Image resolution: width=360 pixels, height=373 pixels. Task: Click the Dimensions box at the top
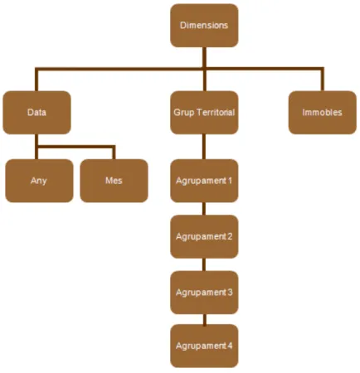coord(204,26)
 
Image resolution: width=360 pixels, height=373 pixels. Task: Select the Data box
coord(36,113)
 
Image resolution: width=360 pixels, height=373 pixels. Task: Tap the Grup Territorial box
coord(204,113)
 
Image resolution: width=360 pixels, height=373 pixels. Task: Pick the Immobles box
coord(322,113)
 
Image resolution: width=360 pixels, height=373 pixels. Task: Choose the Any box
coord(39,181)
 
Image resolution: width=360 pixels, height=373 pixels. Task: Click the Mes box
coord(114,181)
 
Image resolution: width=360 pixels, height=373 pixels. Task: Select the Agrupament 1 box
coord(204,181)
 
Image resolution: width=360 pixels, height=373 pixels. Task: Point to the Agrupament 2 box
coord(204,236)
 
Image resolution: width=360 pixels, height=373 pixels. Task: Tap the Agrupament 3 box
coord(204,293)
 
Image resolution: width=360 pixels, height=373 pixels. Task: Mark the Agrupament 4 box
coord(204,346)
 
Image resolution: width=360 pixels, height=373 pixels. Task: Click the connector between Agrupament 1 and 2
coord(204,209)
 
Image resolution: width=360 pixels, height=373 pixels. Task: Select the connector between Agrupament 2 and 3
coord(204,264)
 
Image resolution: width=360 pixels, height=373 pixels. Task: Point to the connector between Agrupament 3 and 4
coord(204,319)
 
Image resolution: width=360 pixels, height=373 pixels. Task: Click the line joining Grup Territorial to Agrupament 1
coord(204,147)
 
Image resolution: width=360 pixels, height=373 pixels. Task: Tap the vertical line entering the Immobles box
coord(322,79)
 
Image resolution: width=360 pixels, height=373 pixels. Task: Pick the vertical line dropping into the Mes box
coord(114,153)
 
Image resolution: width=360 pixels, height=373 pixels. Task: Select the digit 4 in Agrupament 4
coord(230,346)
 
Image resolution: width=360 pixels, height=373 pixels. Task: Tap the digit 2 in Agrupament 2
coord(230,236)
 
